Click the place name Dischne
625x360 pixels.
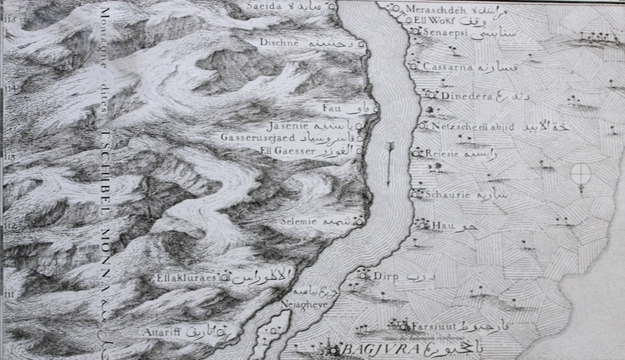pyautogui.click(x=276, y=42)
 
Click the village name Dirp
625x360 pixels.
pyautogui.click(x=385, y=277)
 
